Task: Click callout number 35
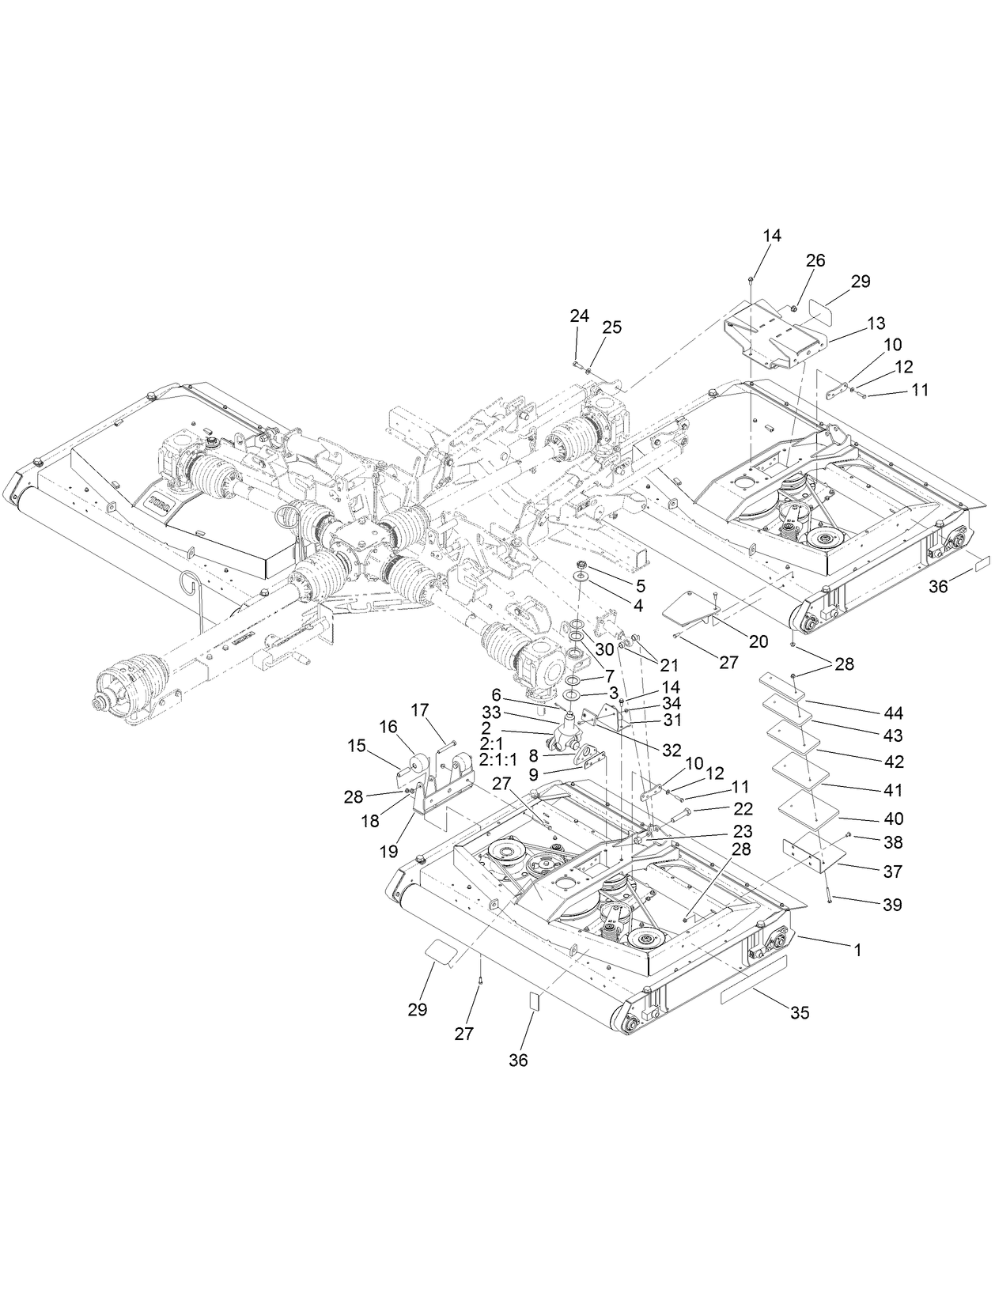pyautogui.click(x=800, y=1012)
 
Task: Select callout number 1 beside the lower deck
pyautogui.click(x=856, y=948)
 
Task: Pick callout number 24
pyautogui.click(x=579, y=316)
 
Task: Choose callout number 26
pyautogui.click(x=815, y=260)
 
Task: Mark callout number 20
pyautogui.click(x=758, y=642)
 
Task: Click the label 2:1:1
pyautogui.click(x=497, y=758)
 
